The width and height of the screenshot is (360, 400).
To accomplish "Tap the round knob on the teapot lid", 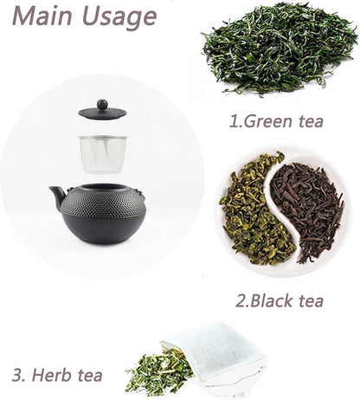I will point(102,105).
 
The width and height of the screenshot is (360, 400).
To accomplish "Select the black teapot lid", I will point(102,113).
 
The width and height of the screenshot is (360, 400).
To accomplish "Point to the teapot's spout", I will point(58,197).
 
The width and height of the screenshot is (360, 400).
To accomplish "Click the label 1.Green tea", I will point(276,120).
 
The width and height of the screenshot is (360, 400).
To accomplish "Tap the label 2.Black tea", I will point(279,300).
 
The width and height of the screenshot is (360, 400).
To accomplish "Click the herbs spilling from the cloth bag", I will point(156,373).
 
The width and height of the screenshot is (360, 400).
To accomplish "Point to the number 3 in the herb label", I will point(17,375).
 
